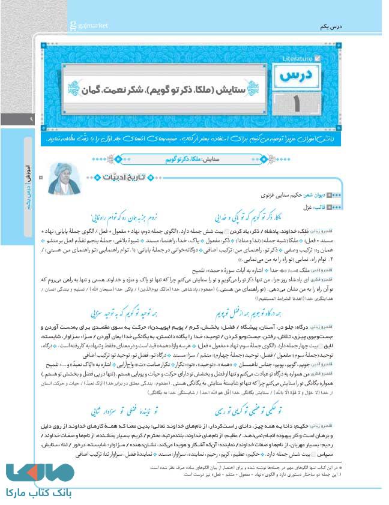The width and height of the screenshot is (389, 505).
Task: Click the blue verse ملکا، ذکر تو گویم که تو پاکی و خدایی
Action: click(264, 217)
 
